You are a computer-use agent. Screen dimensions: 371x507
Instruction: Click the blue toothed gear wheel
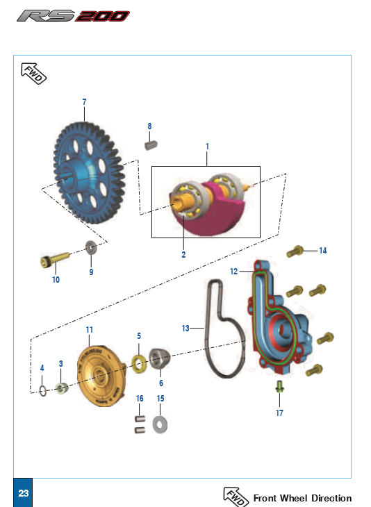(x=89, y=172)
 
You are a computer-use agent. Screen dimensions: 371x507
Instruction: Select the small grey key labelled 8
(x=151, y=144)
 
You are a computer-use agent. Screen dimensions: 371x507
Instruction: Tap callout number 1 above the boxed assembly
(x=207, y=147)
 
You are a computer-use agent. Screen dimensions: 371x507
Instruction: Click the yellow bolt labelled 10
(x=55, y=259)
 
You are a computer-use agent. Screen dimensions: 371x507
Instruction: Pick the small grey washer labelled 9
(x=91, y=248)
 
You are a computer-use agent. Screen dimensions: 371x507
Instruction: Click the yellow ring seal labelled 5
(x=140, y=363)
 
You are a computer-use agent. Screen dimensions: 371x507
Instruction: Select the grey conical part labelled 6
(x=159, y=358)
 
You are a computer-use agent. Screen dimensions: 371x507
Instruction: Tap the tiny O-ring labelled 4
(x=43, y=391)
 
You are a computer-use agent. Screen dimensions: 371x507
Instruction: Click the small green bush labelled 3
(x=61, y=388)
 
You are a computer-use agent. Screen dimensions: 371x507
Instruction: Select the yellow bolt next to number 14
(x=295, y=251)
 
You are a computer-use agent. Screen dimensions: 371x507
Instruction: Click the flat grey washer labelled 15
(x=160, y=425)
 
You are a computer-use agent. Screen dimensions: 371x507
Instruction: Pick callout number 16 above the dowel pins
(x=140, y=399)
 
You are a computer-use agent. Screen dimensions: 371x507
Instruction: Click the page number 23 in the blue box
(x=24, y=493)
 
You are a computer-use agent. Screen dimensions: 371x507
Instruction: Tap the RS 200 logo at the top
(x=74, y=16)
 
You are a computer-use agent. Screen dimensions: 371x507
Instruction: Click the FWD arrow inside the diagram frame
(x=33, y=74)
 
